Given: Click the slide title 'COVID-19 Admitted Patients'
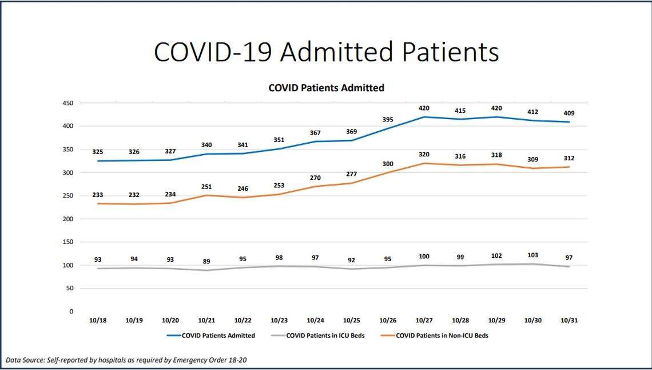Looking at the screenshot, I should pyautogui.click(x=326, y=52).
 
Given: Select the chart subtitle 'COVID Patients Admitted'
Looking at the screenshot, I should pyautogui.click(x=326, y=88).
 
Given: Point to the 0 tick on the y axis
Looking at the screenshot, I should pyautogui.click(x=71, y=312).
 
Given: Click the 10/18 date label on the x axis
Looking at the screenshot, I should pyautogui.click(x=97, y=321).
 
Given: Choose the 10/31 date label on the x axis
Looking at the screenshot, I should pyautogui.click(x=570, y=321).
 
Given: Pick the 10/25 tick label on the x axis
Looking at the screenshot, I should pyautogui.click(x=351, y=321).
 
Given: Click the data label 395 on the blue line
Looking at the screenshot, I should pyautogui.click(x=388, y=119).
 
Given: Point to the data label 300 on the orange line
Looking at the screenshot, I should pyautogui.click(x=388, y=164).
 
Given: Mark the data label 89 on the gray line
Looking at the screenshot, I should pyautogui.click(x=206, y=261).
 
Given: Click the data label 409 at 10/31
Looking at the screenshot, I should pyautogui.click(x=568, y=113).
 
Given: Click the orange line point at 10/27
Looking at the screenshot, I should pyautogui.click(x=424, y=163).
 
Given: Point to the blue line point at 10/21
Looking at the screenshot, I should pyautogui.click(x=206, y=154).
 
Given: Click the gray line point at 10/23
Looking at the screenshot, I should pyautogui.click(x=279, y=266).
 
